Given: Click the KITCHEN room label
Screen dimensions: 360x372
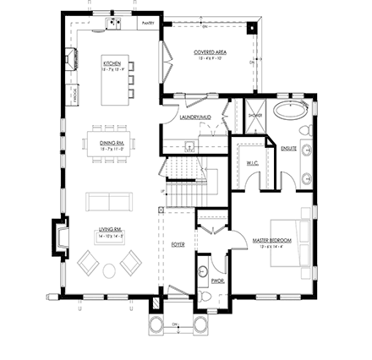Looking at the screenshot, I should click(112, 63).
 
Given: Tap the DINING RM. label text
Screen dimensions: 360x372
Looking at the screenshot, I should click(112, 143).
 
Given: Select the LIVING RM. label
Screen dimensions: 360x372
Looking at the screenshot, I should click(111, 229).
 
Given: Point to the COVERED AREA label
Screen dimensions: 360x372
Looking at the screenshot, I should click(210, 52).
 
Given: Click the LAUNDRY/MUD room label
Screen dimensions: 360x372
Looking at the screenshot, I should click(194, 117).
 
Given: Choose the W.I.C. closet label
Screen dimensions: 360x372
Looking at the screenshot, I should click(252, 162).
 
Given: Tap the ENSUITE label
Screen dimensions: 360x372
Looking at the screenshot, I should click(288, 148).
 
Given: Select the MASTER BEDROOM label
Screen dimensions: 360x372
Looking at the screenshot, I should click(272, 240).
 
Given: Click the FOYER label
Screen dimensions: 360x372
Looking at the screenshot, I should click(178, 245).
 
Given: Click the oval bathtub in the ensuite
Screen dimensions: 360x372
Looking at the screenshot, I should click(293, 110).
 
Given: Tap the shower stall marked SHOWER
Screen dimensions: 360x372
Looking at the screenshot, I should click(254, 117).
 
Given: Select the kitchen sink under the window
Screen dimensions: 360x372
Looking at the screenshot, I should click(112, 23).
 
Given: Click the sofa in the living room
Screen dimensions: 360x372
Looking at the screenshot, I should click(109, 201).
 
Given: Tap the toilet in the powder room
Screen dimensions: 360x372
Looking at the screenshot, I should click(204, 271).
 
